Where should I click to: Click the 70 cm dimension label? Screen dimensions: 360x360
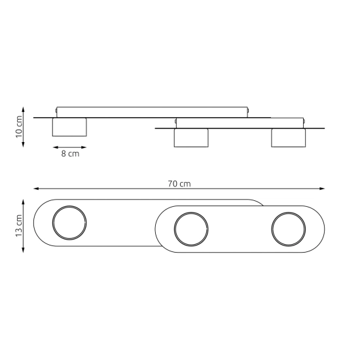(179, 184)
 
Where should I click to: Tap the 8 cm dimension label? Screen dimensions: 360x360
(70, 154)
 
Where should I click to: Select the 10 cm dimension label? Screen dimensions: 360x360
(19, 127)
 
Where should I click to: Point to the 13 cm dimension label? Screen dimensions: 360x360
(19, 226)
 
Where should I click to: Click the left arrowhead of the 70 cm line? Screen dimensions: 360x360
(36, 189)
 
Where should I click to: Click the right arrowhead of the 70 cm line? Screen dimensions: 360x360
(322, 189)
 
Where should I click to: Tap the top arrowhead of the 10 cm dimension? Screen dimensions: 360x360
(23, 109)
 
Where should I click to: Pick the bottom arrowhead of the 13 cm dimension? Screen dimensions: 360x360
(23, 250)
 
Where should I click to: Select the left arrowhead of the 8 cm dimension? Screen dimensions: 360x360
(56, 147)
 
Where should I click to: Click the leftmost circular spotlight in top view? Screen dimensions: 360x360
(69, 223)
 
